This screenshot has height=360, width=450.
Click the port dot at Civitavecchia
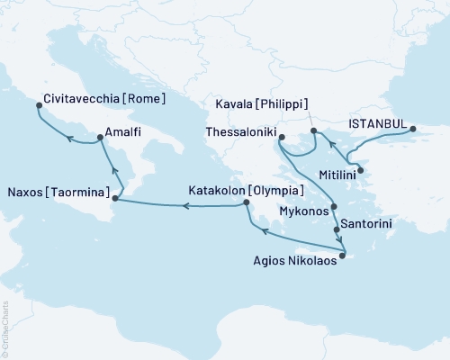(x=39, y=105)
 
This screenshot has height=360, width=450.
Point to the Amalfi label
(x=122, y=130)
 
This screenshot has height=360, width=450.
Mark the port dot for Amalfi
(x=98, y=138)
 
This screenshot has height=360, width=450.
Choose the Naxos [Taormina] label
(x=58, y=193)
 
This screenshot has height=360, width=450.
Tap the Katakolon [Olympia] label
(x=246, y=191)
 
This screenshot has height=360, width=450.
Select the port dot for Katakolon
(x=246, y=205)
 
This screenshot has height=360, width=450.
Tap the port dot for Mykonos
(x=334, y=207)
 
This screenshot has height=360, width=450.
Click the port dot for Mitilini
(x=360, y=170)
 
